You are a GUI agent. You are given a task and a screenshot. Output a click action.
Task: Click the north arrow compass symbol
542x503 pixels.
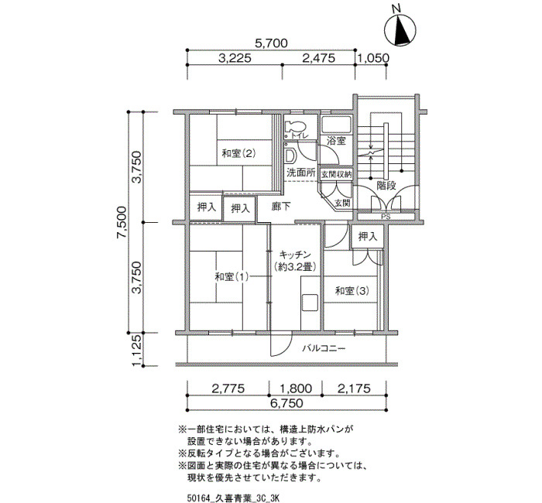pos(400,31)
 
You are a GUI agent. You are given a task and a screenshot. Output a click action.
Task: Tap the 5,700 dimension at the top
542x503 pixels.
pos(271,43)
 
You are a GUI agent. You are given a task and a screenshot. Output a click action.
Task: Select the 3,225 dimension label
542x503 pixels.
pos(235,58)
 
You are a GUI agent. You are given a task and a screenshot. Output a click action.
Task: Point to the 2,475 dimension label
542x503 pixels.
pos(319,58)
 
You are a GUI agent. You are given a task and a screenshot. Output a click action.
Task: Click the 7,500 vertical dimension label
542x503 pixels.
pos(122,223)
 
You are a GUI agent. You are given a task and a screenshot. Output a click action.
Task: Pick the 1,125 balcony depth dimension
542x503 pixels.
pos(137,351)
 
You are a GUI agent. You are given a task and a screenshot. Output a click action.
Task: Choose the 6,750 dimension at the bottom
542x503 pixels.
pos(286,403)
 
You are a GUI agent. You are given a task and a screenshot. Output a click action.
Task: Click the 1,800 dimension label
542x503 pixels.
pos(295,388)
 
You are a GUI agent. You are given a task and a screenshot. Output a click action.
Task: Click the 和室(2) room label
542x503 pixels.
pos(238,153)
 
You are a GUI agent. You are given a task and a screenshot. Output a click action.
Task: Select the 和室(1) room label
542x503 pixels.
pos(232,277)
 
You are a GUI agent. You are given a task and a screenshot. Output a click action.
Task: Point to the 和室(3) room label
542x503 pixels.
pos(352,291)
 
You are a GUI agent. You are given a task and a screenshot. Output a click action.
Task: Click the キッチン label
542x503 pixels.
pos(295,255)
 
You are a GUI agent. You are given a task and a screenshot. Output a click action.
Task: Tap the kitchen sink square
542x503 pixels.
pos(310,303)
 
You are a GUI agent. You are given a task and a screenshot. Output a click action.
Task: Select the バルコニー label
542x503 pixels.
pos(324,348)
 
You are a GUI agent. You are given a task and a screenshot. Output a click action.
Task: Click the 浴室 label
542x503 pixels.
pos(336,141)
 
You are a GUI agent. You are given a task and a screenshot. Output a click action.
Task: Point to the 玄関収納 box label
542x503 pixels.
pos(336,174)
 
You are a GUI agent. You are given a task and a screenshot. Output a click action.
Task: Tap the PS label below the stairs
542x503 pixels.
pos(386,217)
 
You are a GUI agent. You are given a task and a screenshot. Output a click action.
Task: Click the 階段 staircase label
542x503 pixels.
pos(386,186)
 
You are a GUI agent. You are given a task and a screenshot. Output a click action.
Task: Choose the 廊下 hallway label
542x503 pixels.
pos(281,207)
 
